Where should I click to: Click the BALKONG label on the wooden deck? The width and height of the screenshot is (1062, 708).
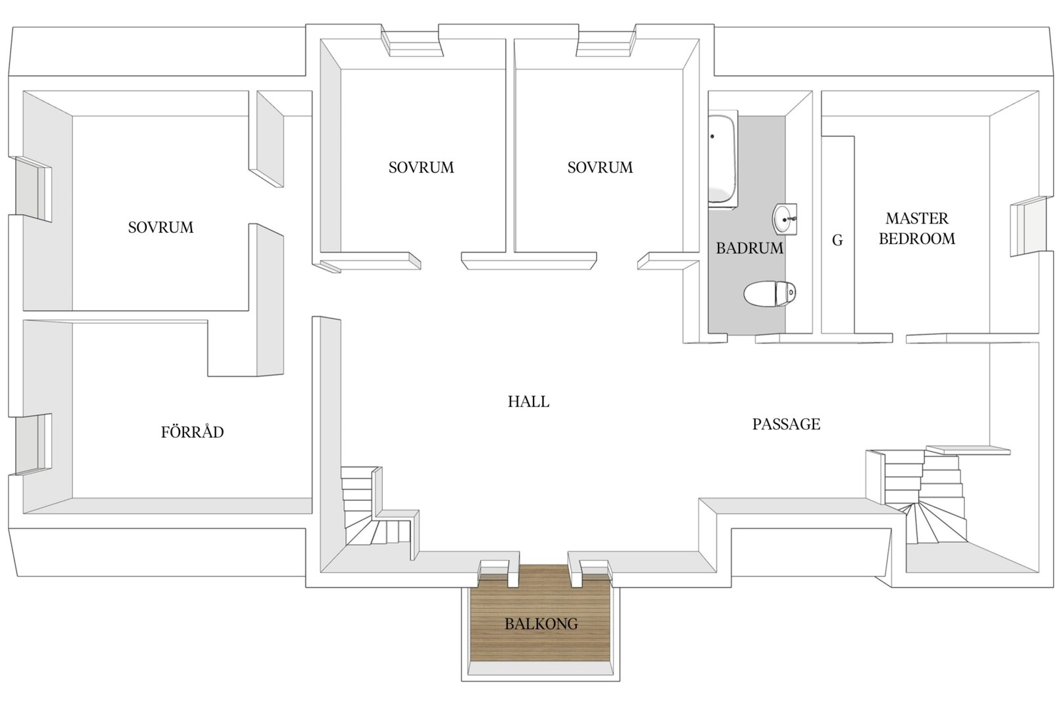(541, 623)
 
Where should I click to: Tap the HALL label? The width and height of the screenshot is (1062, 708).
(528, 402)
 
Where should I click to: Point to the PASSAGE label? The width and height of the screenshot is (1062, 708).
(786, 424)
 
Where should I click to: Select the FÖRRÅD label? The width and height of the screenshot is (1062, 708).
(192, 431)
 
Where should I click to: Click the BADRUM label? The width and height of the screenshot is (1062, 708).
(749, 248)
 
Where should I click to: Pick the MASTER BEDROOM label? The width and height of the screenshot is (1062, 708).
(917, 228)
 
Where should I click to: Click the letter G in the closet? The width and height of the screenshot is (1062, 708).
(837, 241)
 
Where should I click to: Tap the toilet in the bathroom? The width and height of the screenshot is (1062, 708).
(770, 294)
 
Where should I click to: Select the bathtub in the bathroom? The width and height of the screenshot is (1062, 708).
(722, 160)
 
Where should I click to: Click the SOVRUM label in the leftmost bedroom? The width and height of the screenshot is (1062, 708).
(161, 227)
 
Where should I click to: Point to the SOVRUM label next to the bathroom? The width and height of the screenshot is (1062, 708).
(600, 167)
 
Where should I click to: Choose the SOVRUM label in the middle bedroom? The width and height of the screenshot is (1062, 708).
(421, 167)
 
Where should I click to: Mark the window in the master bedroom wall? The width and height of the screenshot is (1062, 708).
(1027, 227)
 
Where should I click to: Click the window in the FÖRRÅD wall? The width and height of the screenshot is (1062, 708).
(34, 444)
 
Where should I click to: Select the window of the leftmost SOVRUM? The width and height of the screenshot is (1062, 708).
(34, 188)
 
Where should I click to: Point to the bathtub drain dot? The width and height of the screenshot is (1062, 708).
(712, 136)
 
